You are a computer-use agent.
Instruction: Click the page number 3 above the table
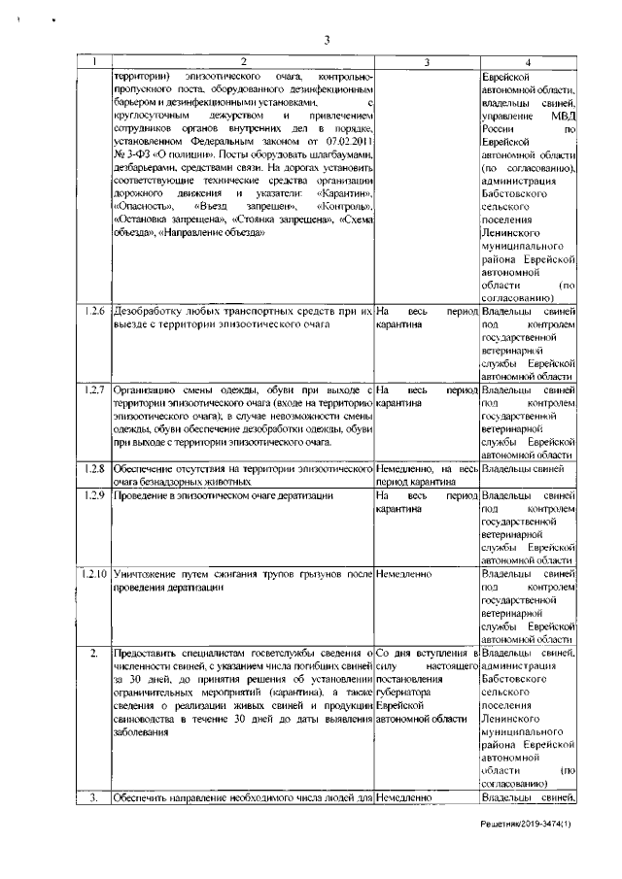328,40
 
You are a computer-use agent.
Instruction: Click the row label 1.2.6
93,311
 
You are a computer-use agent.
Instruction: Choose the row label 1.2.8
93,469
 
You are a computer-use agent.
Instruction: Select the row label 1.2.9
93,495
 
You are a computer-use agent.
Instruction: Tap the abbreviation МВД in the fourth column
563,115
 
